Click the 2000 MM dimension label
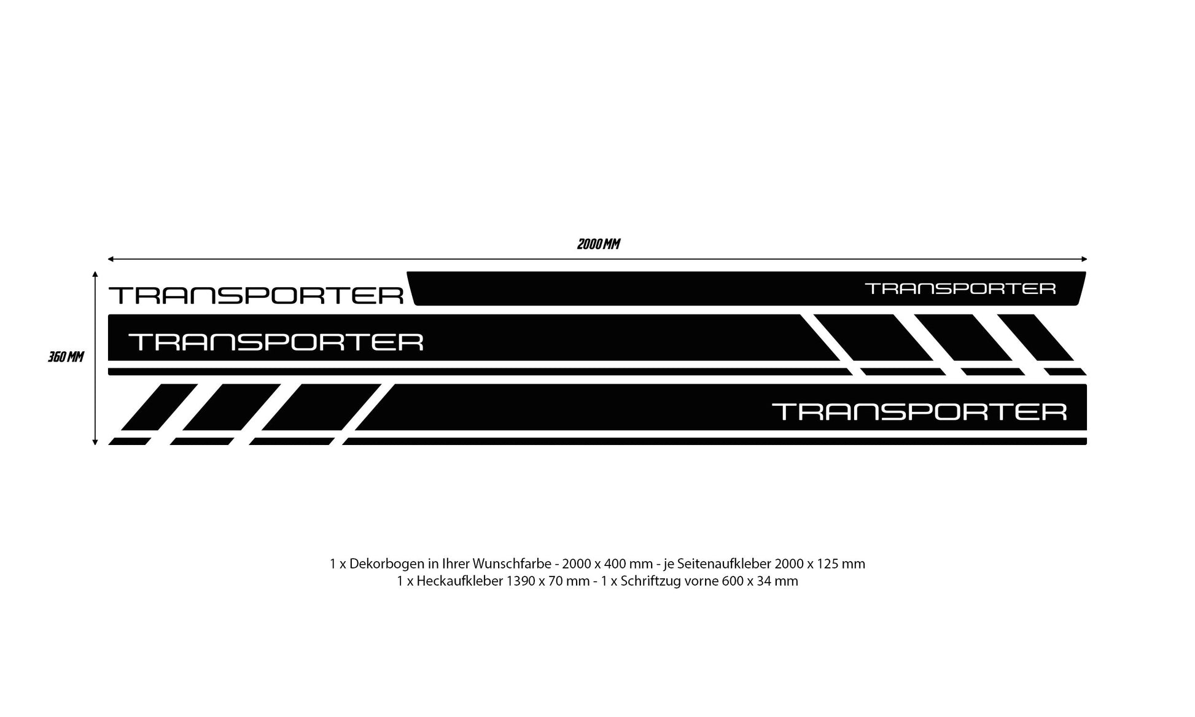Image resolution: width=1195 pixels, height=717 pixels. (x=598, y=244)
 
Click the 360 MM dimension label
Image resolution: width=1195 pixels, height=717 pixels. (x=66, y=357)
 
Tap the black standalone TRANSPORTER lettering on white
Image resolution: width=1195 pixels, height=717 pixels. (x=256, y=295)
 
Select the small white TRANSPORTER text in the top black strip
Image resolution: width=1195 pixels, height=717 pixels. (x=960, y=288)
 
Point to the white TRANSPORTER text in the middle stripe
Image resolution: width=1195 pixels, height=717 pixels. (x=276, y=341)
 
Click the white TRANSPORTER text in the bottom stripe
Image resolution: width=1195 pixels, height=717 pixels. (x=919, y=411)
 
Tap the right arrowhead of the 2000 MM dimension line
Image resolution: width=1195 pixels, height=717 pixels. (x=1084, y=259)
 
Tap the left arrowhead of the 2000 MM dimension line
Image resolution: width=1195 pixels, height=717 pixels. (x=111, y=259)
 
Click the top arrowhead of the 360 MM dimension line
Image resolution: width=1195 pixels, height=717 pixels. (x=95, y=274)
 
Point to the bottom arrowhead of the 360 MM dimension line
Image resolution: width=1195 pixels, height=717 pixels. (x=95, y=441)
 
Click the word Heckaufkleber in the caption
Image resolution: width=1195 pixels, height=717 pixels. (x=459, y=581)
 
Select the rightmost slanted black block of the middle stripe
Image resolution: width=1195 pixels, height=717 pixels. (x=1035, y=338)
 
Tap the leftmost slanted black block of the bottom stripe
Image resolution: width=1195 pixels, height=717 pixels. (x=159, y=408)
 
